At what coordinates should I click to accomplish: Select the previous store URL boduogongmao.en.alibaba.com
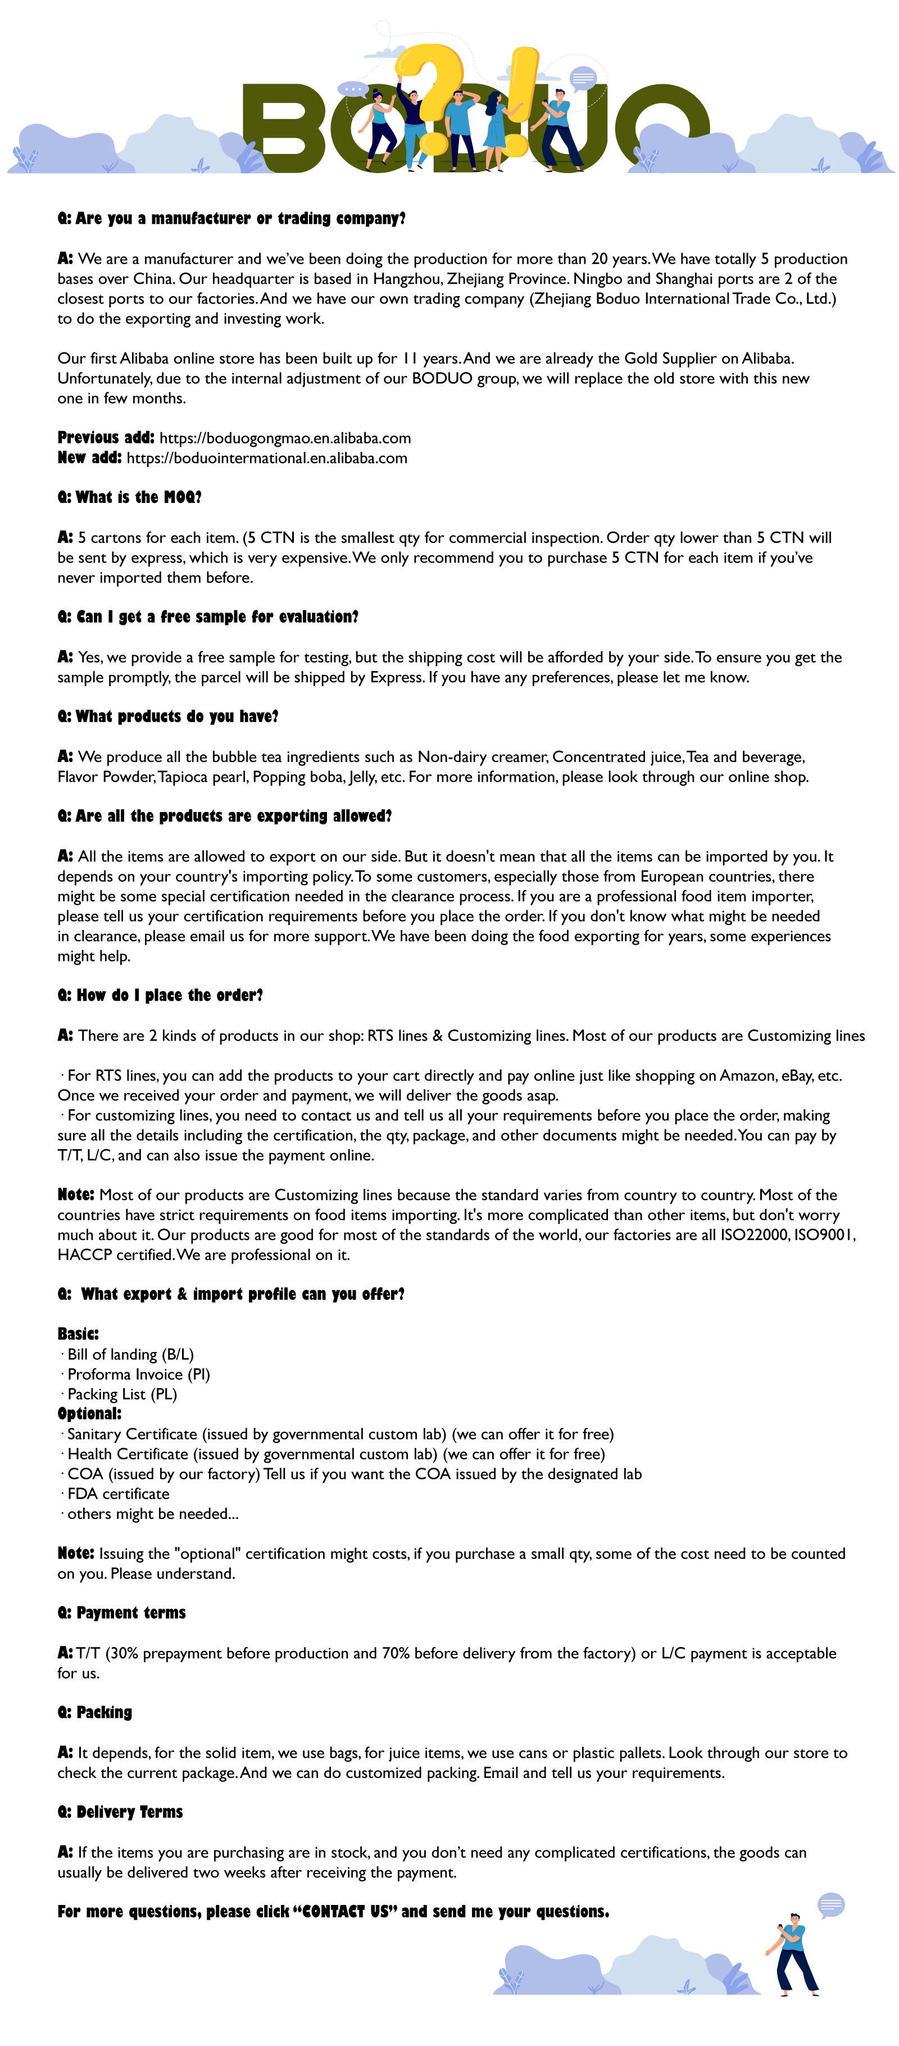(x=285, y=438)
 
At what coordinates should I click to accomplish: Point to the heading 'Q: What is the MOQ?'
(x=129, y=497)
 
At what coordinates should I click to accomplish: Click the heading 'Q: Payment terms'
(x=121, y=1612)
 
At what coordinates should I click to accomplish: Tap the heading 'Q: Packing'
(x=94, y=1712)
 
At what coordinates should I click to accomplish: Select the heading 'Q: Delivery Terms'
(x=120, y=1812)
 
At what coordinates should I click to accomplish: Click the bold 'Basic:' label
(x=78, y=1333)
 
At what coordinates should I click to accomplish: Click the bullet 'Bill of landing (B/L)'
(x=130, y=1354)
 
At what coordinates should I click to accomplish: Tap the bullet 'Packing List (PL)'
(x=121, y=1394)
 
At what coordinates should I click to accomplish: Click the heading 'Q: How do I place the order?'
(x=160, y=995)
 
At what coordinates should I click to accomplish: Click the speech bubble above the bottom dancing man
(x=830, y=1904)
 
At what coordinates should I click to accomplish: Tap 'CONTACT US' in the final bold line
(x=346, y=1912)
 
